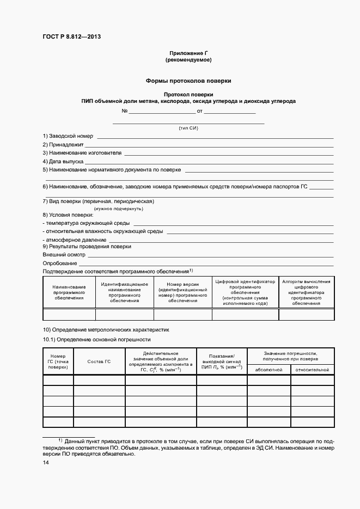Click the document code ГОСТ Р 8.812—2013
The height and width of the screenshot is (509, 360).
(x=71, y=37)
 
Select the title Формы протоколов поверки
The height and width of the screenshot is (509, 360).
(x=188, y=81)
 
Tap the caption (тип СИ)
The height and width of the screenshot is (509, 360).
(x=188, y=128)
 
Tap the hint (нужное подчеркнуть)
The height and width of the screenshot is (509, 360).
(x=118, y=208)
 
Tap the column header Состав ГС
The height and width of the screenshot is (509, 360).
(x=99, y=361)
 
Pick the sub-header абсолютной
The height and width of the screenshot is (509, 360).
(x=269, y=370)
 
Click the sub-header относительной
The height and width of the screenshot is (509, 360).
(x=312, y=370)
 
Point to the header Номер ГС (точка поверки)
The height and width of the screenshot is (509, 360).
(x=58, y=361)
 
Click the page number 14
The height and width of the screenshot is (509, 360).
(x=46, y=462)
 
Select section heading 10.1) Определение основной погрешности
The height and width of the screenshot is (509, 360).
(x=96, y=339)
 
